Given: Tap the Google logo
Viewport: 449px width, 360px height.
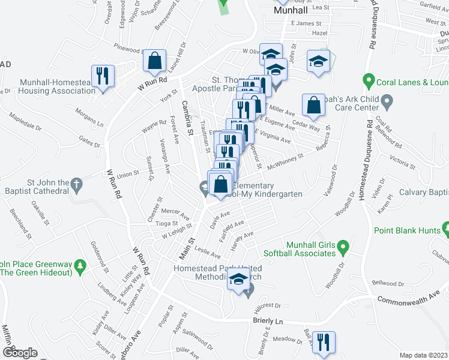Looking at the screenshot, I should (20, 353).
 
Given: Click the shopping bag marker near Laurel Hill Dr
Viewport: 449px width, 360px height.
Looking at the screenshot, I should (155, 61).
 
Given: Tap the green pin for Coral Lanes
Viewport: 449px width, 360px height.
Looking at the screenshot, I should (369, 79).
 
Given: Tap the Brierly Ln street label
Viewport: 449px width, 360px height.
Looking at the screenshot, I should (268, 322).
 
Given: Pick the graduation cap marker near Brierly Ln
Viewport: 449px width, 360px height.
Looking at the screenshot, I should (239, 280).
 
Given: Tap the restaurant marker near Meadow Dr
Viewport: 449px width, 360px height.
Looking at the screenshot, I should (324, 343).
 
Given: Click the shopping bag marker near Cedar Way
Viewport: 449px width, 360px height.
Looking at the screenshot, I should (313, 106).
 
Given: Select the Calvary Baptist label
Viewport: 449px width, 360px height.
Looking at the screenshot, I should (420, 192).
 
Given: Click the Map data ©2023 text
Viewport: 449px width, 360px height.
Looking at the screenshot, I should (423, 355).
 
